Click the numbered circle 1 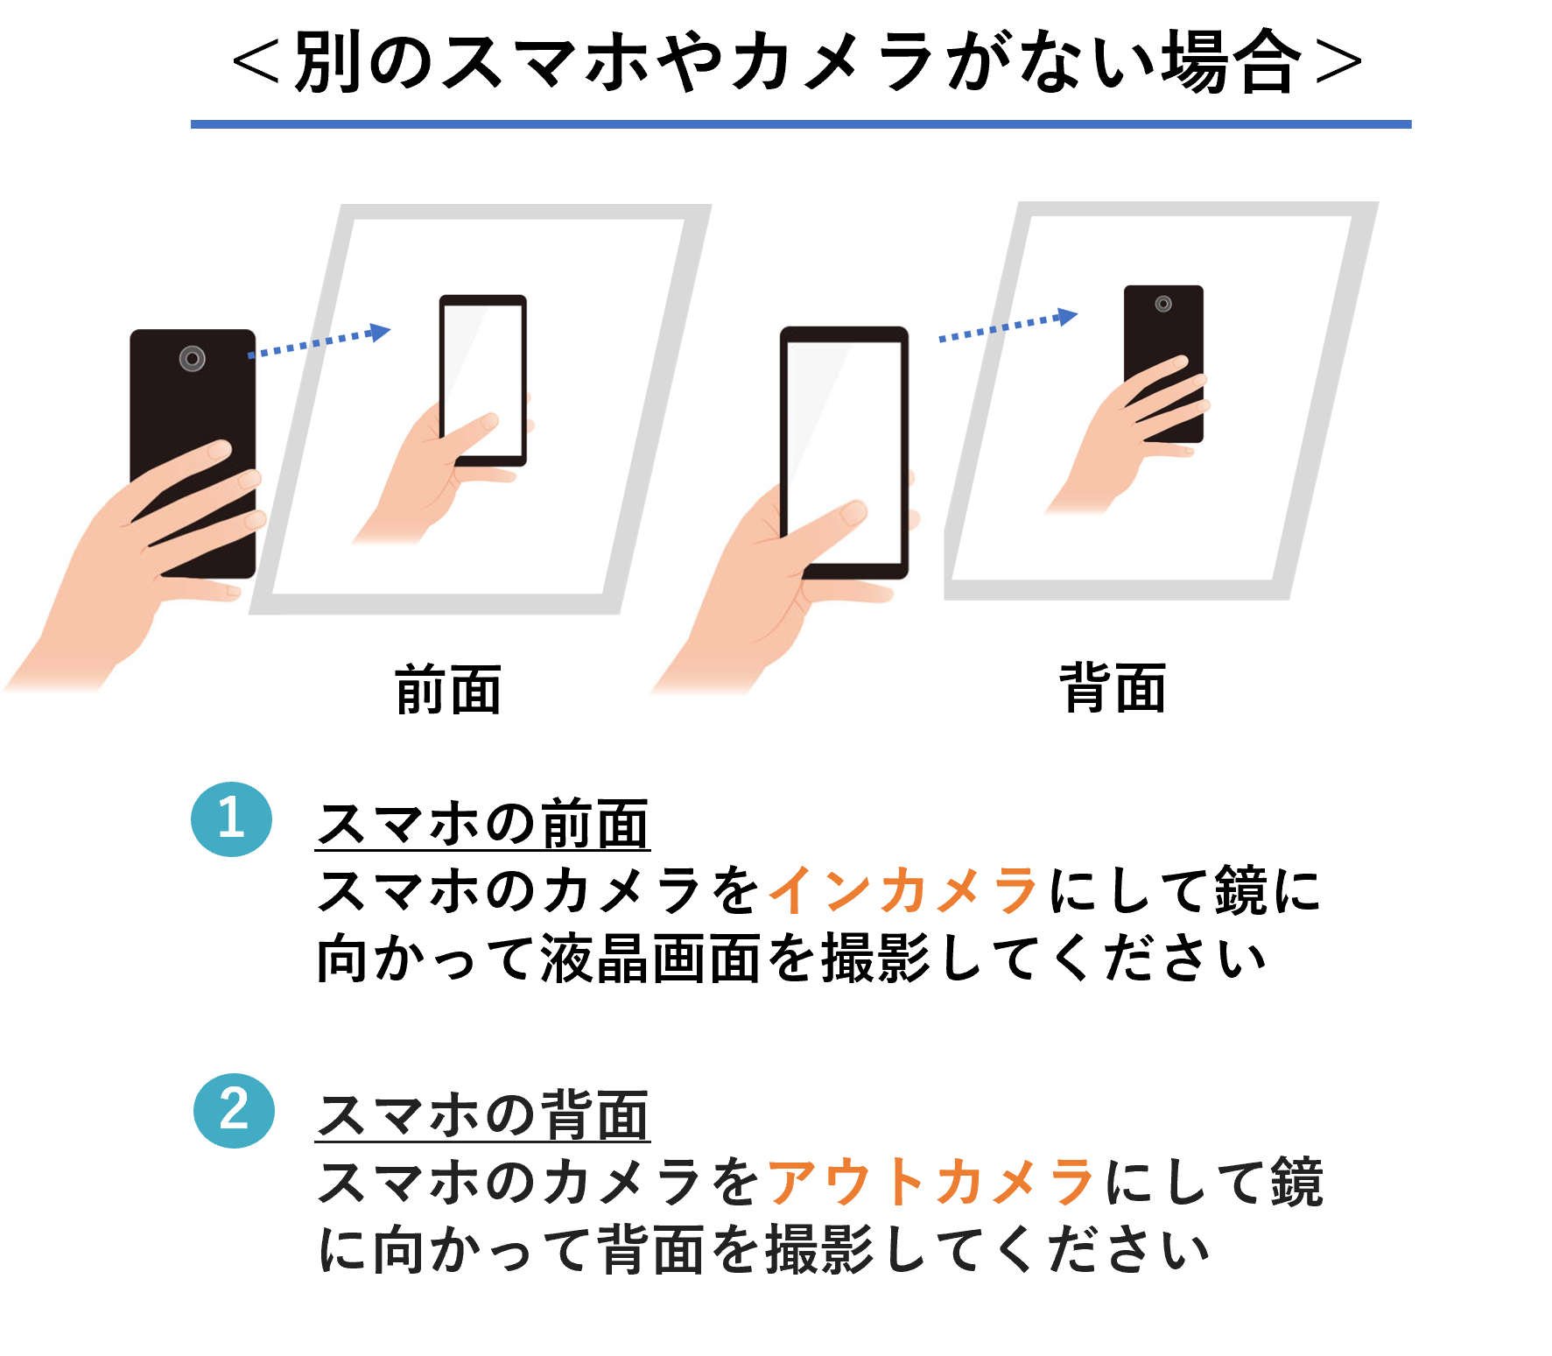point(231,819)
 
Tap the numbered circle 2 point(234,1110)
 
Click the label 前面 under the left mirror point(448,689)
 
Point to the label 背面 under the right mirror point(1113,688)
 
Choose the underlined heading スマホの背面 point(482,1114)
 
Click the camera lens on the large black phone point(193,358)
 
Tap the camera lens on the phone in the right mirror point(1163,304)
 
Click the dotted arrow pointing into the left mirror point(320,342)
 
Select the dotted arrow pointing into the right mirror point(1008,325)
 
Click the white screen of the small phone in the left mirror point(483,378)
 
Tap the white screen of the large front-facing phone point(844,451)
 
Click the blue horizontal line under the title point(801,124)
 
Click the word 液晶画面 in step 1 point(650,958)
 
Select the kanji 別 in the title point(327,61)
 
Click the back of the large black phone point(193,411)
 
